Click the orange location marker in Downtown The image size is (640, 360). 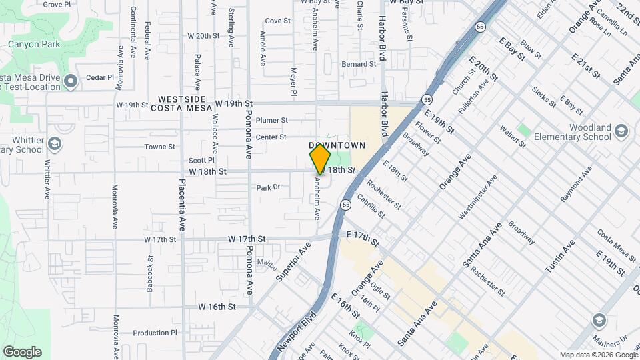click(320, 159)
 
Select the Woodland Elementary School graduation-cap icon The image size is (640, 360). click(621, 130)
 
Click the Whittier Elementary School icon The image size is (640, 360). click(55, 143)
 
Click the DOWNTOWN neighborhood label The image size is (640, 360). click(337, 145)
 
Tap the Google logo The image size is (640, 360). click(22, 352)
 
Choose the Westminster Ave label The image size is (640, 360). click(477, 198)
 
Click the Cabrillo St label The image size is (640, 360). click(371, 206)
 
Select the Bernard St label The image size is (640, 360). click(359, 64)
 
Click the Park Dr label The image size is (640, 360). click(268, 187)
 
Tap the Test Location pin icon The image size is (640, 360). click(71, 81)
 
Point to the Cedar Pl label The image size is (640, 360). click(101, 78)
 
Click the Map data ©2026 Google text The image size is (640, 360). click(598, 355)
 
